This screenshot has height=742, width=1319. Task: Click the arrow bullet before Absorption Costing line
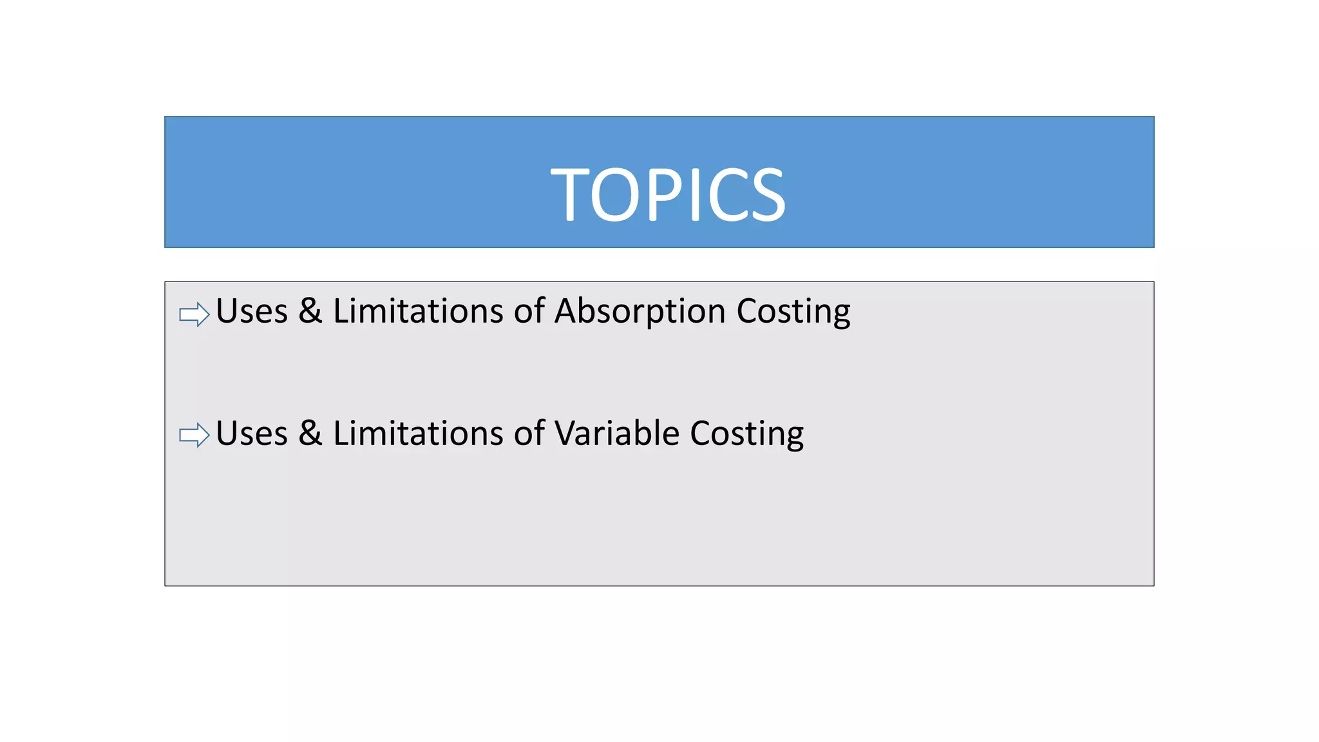(195, 314)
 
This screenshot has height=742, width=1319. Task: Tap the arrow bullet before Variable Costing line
(195, 435)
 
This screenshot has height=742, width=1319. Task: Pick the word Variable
(617, 433)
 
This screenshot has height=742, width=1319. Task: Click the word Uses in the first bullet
(252, 312)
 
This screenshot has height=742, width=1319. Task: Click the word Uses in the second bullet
(252, 433)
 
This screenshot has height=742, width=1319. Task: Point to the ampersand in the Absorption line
(310, 310)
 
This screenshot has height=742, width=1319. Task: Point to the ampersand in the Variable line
(310, 433)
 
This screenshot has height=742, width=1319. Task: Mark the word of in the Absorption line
(529, 311)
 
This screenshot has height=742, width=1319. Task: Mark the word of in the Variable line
(529, 433)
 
